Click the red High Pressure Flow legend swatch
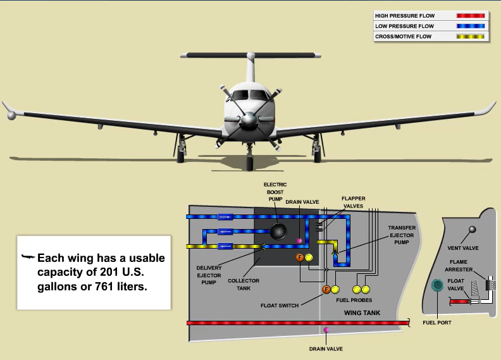(471, 15)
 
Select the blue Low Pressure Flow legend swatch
(471, 26)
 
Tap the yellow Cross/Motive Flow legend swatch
(471, 37)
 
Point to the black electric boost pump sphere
(278, 232)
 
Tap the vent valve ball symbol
(471, 229)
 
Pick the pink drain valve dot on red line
(326, 330)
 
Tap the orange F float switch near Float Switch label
(326, 290)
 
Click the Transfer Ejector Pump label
(401, 235)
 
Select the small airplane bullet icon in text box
(27, 258)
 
